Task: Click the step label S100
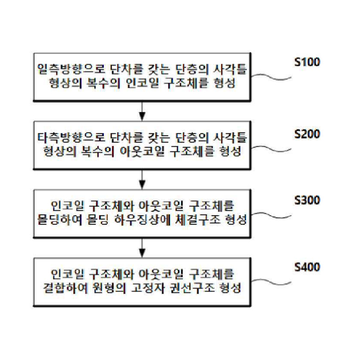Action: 307,62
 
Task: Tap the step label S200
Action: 307,134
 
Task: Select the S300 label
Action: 307,200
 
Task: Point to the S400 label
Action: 307,267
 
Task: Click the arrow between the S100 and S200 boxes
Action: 142,111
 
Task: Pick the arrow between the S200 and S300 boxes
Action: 142,179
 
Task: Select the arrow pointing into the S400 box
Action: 142,247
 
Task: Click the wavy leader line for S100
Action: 271,77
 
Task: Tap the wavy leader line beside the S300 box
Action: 271,215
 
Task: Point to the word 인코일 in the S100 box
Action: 142,83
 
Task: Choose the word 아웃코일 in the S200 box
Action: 142,151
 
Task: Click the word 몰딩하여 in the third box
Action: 60,220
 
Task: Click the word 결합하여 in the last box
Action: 66,288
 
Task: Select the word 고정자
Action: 148,288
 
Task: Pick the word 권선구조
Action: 191,288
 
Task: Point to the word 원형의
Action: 109,288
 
